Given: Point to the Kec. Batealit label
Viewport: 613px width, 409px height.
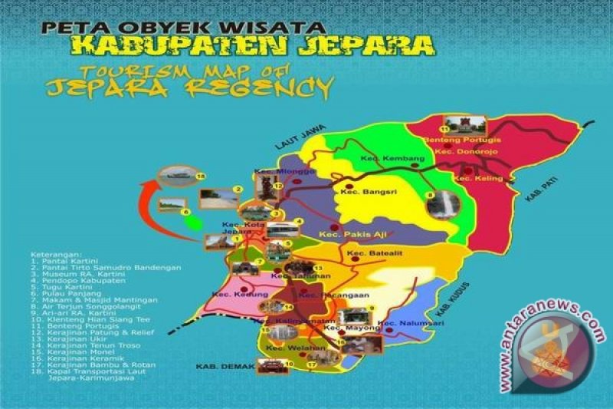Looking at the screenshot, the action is [370, 254].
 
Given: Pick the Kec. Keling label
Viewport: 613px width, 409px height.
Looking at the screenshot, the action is [478, 178].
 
